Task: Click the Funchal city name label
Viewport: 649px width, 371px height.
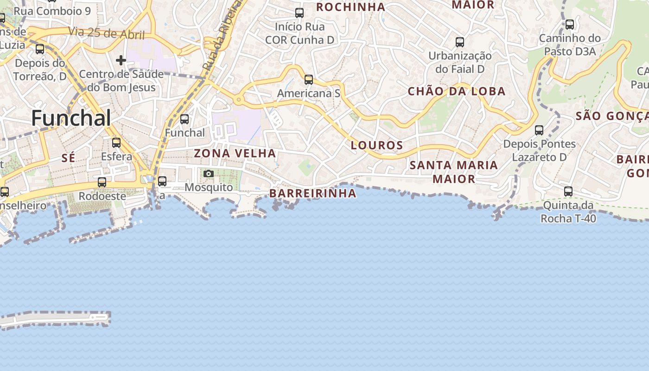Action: (71, 118)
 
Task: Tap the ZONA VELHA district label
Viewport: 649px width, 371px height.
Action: (235, 153)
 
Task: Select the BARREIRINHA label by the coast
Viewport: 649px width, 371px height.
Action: (313, 193)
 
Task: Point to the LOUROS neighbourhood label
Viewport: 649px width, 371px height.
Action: (377, 145)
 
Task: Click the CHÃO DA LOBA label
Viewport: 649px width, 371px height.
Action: (457, 91)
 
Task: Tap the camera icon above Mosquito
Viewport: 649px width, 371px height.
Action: (209, 173)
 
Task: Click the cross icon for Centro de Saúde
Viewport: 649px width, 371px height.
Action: (121, 60)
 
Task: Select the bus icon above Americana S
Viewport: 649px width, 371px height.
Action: (309, 80)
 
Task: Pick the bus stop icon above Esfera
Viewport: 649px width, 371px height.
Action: (116, 142)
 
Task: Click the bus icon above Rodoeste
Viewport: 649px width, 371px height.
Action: (102, 182)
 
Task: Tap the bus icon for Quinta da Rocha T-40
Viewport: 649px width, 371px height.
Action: (568, 191)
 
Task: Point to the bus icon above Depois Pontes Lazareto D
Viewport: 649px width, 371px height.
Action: (539, 130)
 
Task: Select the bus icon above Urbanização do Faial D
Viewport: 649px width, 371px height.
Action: (460, 42)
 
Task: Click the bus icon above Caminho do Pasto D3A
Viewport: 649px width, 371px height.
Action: (570, 25)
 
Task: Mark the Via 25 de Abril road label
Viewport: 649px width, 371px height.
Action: (107, 33)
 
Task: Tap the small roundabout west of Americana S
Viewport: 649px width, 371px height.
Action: (239, 99)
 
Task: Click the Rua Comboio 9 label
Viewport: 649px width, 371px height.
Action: (52, 11)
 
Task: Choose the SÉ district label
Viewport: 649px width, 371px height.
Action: (68, 158)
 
